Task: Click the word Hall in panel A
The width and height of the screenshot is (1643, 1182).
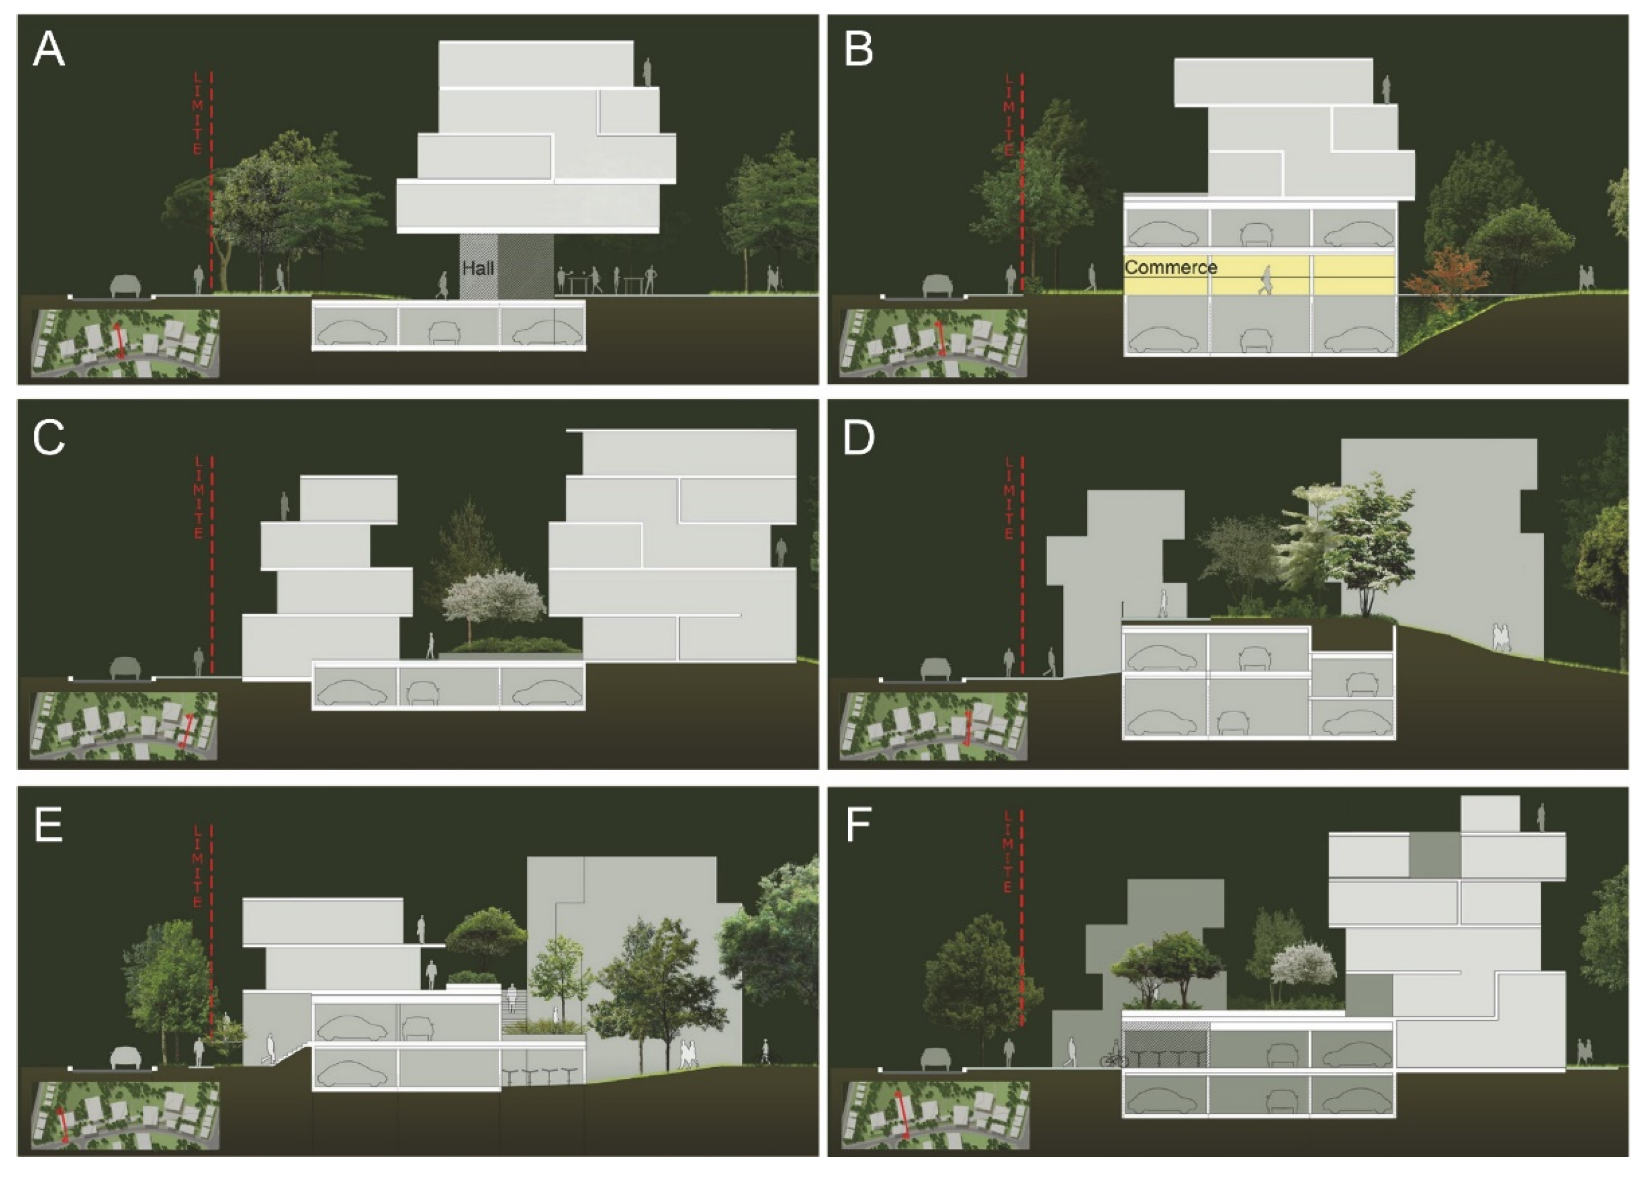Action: click(x=478, y=268)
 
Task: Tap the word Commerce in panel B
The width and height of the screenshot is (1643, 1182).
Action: click(x=1171, y=268)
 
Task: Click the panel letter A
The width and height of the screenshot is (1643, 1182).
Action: click(x=49, y=51)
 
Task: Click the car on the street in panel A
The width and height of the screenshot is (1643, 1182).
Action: click(x=125, y=286)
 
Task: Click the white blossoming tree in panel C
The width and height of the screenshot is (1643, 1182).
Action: click(x=493, y=598)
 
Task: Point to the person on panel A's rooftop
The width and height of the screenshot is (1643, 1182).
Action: click(x=647, y=72)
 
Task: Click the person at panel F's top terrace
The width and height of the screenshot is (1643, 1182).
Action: click(x=1541, y=818)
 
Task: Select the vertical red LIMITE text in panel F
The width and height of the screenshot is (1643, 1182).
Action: click(x=1008, y=851)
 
